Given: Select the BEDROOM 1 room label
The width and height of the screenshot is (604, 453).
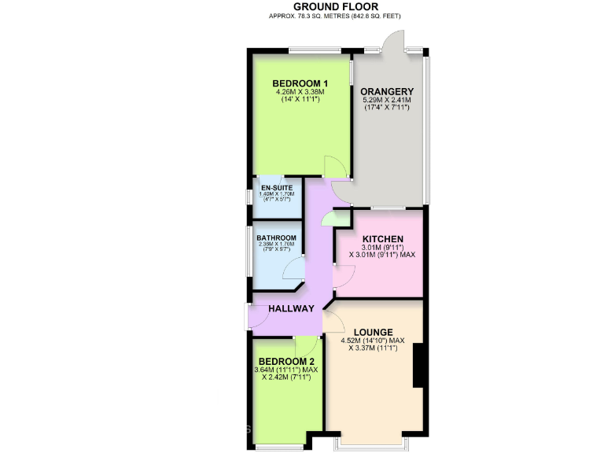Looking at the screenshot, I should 300,84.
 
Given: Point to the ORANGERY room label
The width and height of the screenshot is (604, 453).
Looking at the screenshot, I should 387,90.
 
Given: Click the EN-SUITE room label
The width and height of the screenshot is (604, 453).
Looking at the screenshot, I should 277,188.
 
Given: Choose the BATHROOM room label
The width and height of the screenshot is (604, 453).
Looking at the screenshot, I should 277,238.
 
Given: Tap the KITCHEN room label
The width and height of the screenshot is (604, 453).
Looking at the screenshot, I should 382,240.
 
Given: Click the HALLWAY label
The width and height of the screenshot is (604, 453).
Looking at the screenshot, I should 291,308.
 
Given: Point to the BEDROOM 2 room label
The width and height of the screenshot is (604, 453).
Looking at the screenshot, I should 285,362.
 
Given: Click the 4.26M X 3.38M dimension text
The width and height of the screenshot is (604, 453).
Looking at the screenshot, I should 300,93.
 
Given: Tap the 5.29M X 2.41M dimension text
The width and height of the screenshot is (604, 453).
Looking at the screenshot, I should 387,100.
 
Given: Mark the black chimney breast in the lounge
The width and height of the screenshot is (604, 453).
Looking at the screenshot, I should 419,366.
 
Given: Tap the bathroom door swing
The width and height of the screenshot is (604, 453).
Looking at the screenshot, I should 294,269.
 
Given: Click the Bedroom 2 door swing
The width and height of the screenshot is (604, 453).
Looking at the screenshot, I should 306,346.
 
